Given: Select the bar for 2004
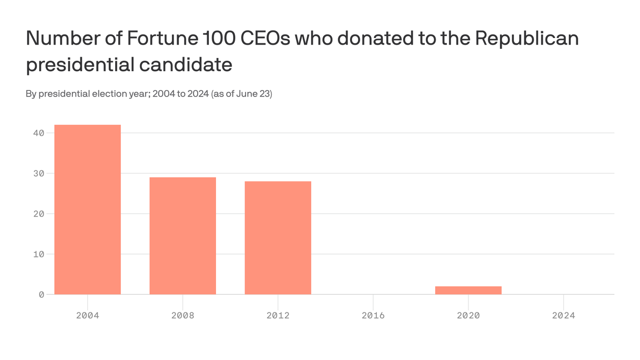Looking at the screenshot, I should [88, 210].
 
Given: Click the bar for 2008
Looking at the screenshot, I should [183, 236].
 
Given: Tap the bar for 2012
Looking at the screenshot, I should [278, 238].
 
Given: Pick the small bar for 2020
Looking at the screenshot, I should [468, 290].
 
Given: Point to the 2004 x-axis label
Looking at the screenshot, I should [88, 315].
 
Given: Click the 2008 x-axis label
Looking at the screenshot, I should [183, 315].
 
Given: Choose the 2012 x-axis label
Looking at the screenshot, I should [278, 315].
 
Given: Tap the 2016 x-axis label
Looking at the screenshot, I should [373, 315].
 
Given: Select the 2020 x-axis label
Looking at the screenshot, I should [468, 315].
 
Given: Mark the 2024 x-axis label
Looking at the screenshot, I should [563, 315].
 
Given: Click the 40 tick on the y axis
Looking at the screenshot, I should [38, 133].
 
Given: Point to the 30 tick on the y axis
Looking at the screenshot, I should [38, 173].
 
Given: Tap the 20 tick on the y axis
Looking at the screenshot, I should [38, 214].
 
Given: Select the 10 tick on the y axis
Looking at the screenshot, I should [38, 254].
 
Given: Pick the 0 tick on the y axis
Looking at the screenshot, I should [41, 294].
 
